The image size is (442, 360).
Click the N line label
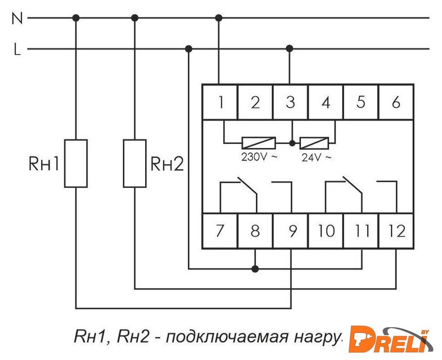point(17,18)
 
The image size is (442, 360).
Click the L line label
point(17,49)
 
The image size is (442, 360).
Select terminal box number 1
point(220,102)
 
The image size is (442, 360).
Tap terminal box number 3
point(290,102)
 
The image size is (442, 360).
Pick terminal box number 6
point(396,102)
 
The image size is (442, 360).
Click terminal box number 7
point(220,231)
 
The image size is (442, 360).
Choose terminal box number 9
point(290,231)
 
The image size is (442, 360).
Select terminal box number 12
point(396,231)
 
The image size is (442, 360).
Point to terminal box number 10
point(326,231)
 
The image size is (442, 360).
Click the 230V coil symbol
point(258,143)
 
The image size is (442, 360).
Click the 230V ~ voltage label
point(259,157)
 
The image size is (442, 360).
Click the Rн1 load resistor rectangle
point(76,163)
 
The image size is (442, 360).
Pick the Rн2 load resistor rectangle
point(134,163)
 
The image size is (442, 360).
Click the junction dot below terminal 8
point(255,269)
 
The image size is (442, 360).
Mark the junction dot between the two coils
point(291,143)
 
